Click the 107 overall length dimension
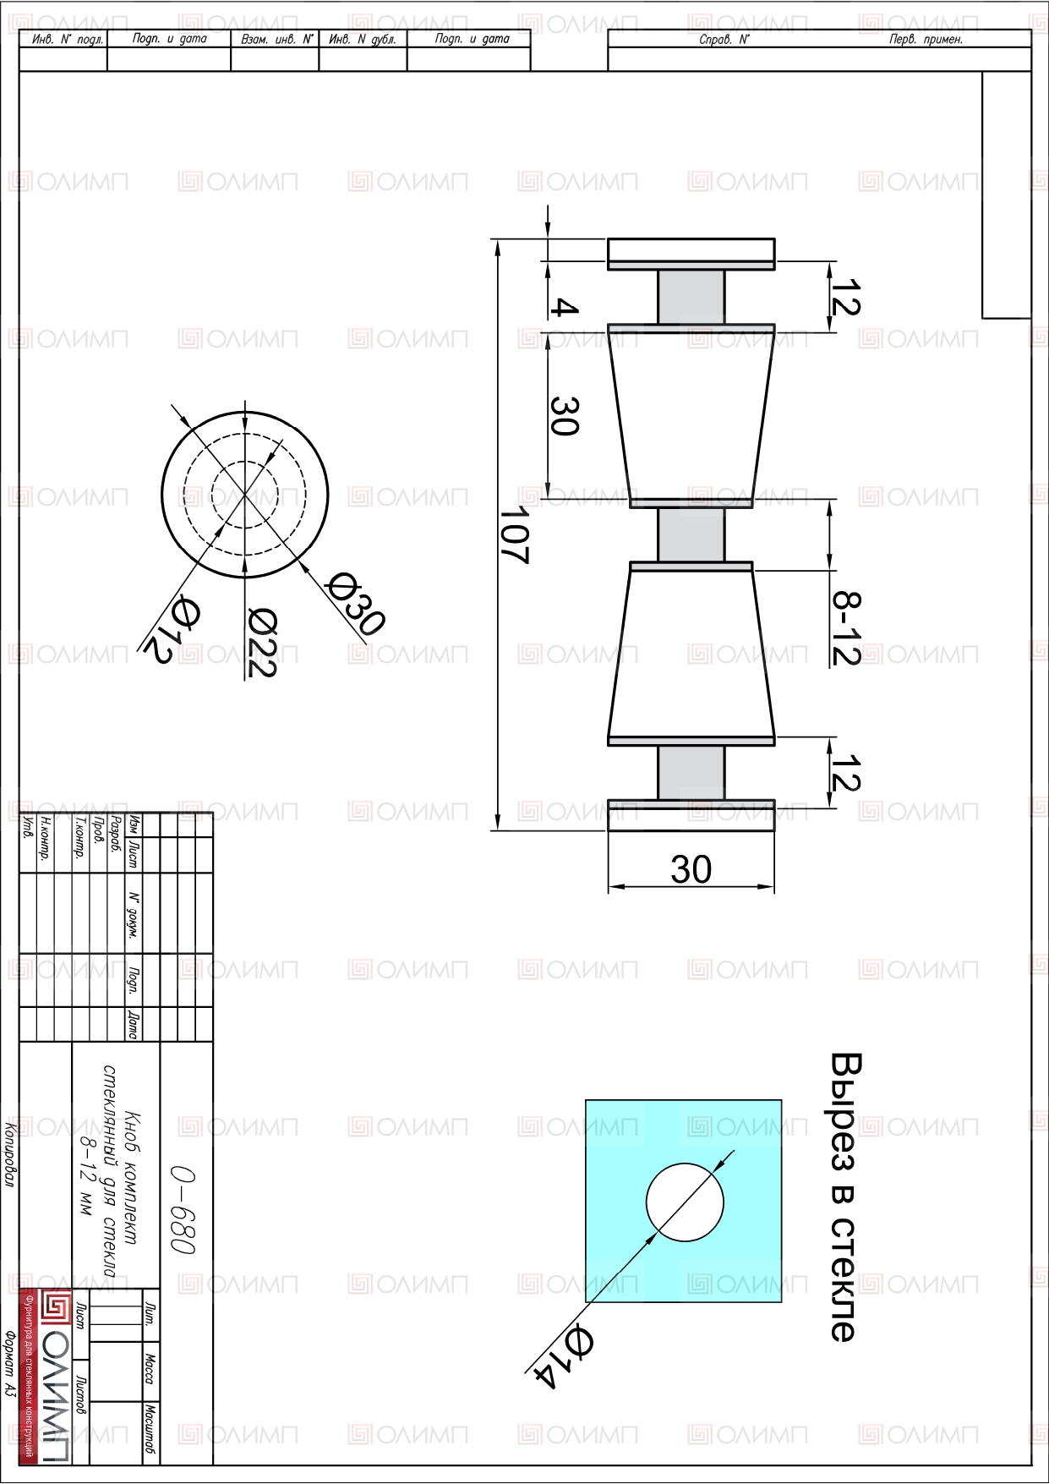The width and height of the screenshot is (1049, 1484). [515, 534]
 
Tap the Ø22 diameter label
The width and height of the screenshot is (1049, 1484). [262, 643]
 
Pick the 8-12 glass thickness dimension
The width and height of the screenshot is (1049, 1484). [846, 627]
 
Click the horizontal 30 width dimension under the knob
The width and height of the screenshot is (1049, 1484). [691, 869]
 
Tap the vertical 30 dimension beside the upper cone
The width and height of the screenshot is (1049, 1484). [564, 416]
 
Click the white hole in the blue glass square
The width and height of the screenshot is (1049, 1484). [685, 1202]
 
